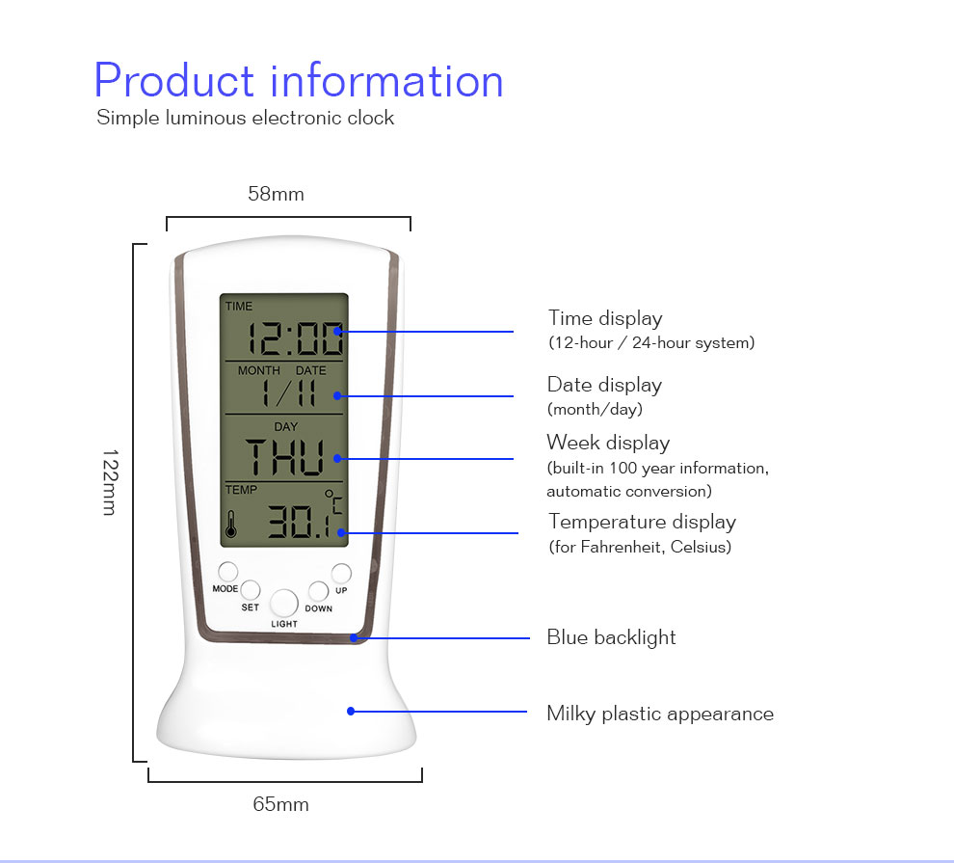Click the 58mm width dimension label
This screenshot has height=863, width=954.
tap(276, 194)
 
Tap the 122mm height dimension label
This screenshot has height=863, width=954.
tap(110, 483)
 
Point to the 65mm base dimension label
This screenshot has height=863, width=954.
tap(280, 804)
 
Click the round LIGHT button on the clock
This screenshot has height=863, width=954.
tap(283, 603)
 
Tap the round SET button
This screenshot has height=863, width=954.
tap(250, 590)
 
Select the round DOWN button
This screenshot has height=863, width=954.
tap(318, 590)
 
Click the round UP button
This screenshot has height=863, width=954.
tap(341, 573)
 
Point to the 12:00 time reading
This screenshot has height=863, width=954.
tap(295, 338)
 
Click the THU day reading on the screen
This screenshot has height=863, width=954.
tap(284, 457)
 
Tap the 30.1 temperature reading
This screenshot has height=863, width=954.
tap(299, 521)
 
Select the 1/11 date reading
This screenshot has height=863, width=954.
tap(288, 392)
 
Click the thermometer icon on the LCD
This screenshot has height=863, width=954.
tap(231, 524)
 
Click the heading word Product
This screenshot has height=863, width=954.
tap(174, 81)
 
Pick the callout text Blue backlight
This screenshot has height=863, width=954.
tap(612, 637)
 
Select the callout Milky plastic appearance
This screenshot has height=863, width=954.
tap(660, 714)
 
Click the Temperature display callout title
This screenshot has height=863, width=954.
tap(643, 523)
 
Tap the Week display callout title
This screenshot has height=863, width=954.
tap(608, 443)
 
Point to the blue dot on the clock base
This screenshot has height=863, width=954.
tap(351, 711)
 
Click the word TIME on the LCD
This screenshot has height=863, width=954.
tap(239, 306)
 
